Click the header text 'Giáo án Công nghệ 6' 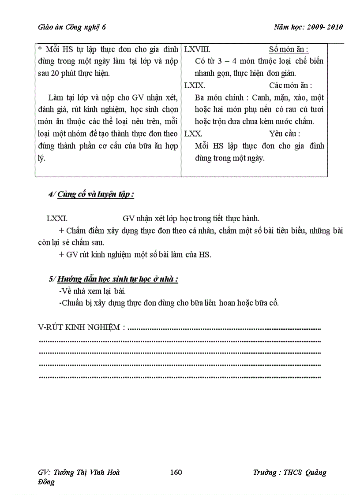click(72, 27)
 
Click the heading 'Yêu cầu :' click(285, 133)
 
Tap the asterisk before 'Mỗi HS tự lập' click(40, 49)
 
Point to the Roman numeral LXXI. click(56, 218)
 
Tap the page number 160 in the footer click(176, 473)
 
